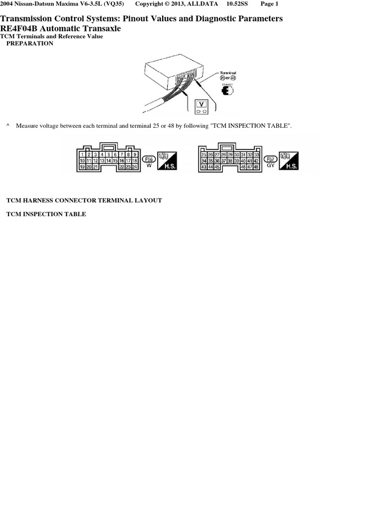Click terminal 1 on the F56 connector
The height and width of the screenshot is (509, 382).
[82, 155]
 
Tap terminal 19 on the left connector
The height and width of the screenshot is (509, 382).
[82, 167]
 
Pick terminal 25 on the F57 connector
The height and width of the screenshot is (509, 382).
[203, 155]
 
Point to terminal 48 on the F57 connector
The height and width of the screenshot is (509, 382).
[256, 167]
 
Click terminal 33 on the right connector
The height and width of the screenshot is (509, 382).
[256, 155]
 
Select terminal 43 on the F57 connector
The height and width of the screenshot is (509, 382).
[203, 167]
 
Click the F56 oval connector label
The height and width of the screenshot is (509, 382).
[148, 159]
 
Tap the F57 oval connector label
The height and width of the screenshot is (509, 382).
[271, 159]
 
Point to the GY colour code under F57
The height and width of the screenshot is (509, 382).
[271, 166]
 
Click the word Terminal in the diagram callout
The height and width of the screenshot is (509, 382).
[228, 73]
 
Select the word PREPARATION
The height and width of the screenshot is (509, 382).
[29, 43]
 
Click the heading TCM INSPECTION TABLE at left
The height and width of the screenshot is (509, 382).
[46, 214]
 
